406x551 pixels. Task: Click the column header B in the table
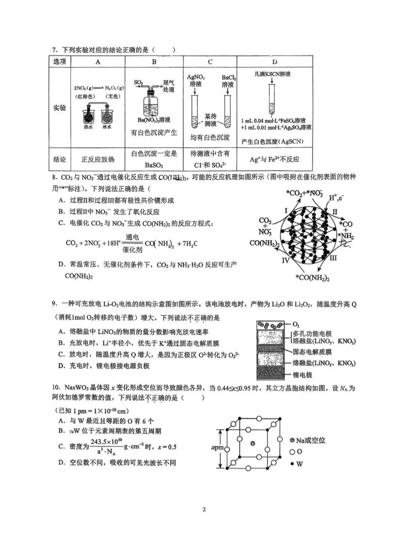coord(154,62)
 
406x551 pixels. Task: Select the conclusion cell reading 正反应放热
coord(98,160)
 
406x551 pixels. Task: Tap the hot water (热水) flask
coord(89,115)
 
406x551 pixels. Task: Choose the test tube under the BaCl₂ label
coord(227,111)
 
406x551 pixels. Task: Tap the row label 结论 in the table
coord(60,160)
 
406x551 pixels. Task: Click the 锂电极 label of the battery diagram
coord(302,375)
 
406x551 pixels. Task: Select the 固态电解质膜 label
coord(312,352)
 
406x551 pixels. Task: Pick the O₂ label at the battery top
coord(296,324)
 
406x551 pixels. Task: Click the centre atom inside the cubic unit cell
coord(253,444)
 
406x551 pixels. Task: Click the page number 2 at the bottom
coord(204,510)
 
